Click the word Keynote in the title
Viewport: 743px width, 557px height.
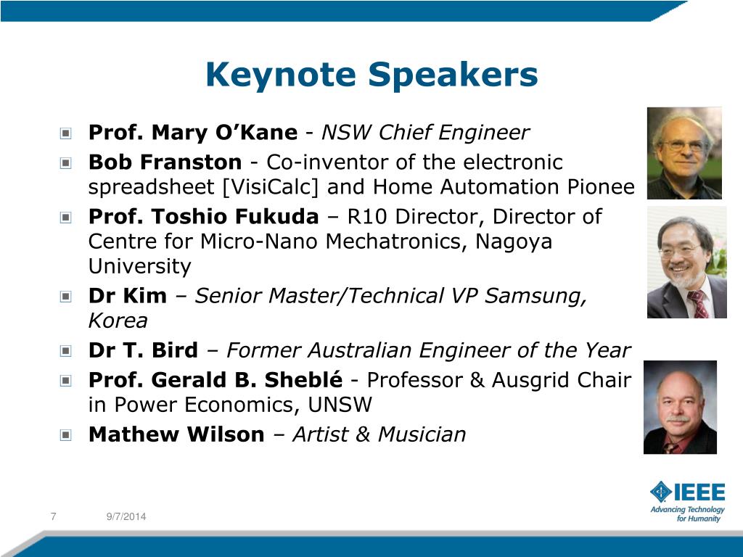(x=281, y=75)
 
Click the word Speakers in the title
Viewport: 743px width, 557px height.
(x=453, y=75)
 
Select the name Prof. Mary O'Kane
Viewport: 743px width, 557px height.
(x=193, y=133)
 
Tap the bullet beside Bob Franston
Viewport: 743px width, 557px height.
(x=66, y=163)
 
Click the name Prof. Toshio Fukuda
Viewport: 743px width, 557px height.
(x=203, y=217)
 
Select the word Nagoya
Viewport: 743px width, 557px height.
(x=513, y=242)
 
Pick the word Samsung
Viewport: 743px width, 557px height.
(x=535, y=297)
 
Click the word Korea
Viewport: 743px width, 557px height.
(x=118, y=321)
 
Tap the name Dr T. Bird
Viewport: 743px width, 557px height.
(x=143, y=350)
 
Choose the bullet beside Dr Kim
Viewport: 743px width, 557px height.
(x=66, y=297)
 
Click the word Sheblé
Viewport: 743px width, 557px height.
(x=303, y=380)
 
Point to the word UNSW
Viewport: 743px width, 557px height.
(x=340, y=405)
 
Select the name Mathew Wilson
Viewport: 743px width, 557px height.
(x=176, y=434)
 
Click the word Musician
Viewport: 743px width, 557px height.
(x=422, y=434)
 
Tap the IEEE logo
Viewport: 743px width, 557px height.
(x=687, y=492)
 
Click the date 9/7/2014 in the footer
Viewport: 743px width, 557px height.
(x=126, y=516)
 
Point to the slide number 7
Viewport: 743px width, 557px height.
(x=53, y=516)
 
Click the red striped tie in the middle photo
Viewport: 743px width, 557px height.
(x=698, y=304)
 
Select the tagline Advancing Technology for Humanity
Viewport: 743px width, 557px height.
(x=687, y=514)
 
